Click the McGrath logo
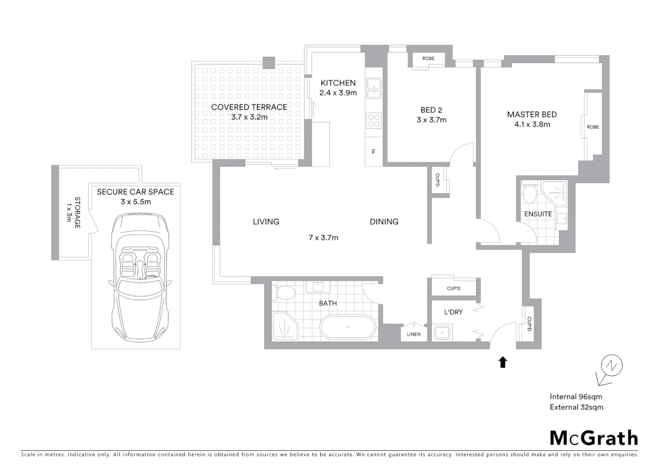coord(593,438)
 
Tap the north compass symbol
coord(611,367)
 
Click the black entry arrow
coord(502,362)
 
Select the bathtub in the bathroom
coord(348,327)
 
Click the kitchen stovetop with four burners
coord(374,120)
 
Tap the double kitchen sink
coord(374,88)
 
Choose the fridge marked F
coord(374,152)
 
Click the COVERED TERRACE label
coord(249,107)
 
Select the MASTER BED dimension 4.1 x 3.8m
coord(532,125)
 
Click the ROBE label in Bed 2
coord(428,58)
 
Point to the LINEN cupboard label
coord(413,334)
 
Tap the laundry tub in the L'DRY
coord(442,333)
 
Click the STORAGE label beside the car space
coord(77,212)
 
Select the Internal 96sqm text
coord(575,397)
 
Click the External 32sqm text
coord(576,407)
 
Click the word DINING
coord(384,222)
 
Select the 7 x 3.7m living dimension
coord(323,237)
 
